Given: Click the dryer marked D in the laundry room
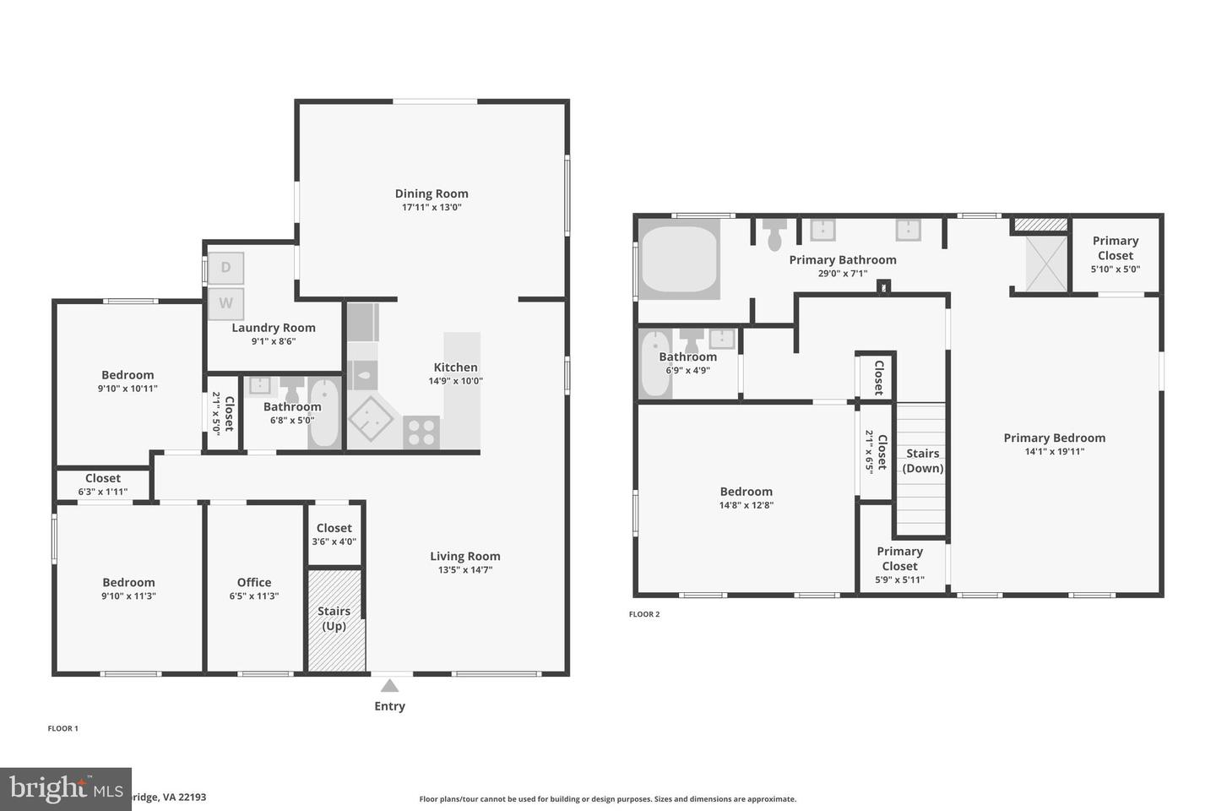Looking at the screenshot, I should point(225,268).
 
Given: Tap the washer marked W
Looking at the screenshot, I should point(225,303).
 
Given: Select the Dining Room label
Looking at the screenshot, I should point(432,193).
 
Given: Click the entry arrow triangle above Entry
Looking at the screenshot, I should point(389,685).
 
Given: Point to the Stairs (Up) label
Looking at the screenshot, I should point(334,618).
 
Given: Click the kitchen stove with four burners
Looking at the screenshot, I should point(421,433).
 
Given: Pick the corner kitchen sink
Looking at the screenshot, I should point(371,420).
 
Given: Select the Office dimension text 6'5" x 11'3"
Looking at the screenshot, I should point(254,596).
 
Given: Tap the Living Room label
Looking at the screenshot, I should point(465,556).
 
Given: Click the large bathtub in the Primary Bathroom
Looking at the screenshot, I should point(679,259).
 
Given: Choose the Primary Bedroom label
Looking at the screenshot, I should point(1054,438).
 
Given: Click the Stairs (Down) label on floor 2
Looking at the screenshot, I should point(923,460).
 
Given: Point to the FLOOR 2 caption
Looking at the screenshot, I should point(644,614).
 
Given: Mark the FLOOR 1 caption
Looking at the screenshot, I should point(62,728).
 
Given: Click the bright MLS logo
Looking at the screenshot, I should point(64,789).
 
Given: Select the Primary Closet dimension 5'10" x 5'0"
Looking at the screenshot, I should point(1116,269).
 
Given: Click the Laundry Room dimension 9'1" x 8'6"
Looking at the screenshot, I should point(274,341).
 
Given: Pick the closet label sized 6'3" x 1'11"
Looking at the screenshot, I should point(103,492).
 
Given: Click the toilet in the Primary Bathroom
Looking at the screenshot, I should point(774,236).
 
